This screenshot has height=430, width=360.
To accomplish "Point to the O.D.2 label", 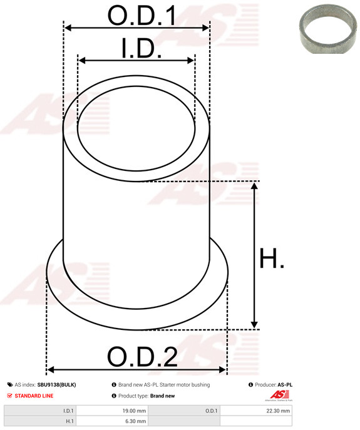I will click(142, 357).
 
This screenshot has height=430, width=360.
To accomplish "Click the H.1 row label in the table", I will click(69, 422).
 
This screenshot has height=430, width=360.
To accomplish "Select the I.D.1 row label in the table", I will click(68, 411).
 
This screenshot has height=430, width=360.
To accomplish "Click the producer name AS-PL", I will click(285, 385).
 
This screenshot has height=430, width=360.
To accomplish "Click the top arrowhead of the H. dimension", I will click(254, 187).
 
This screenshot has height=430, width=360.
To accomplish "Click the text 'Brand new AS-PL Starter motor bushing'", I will click(164, 385).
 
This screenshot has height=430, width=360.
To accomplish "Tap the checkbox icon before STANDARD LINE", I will click(9, 396).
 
